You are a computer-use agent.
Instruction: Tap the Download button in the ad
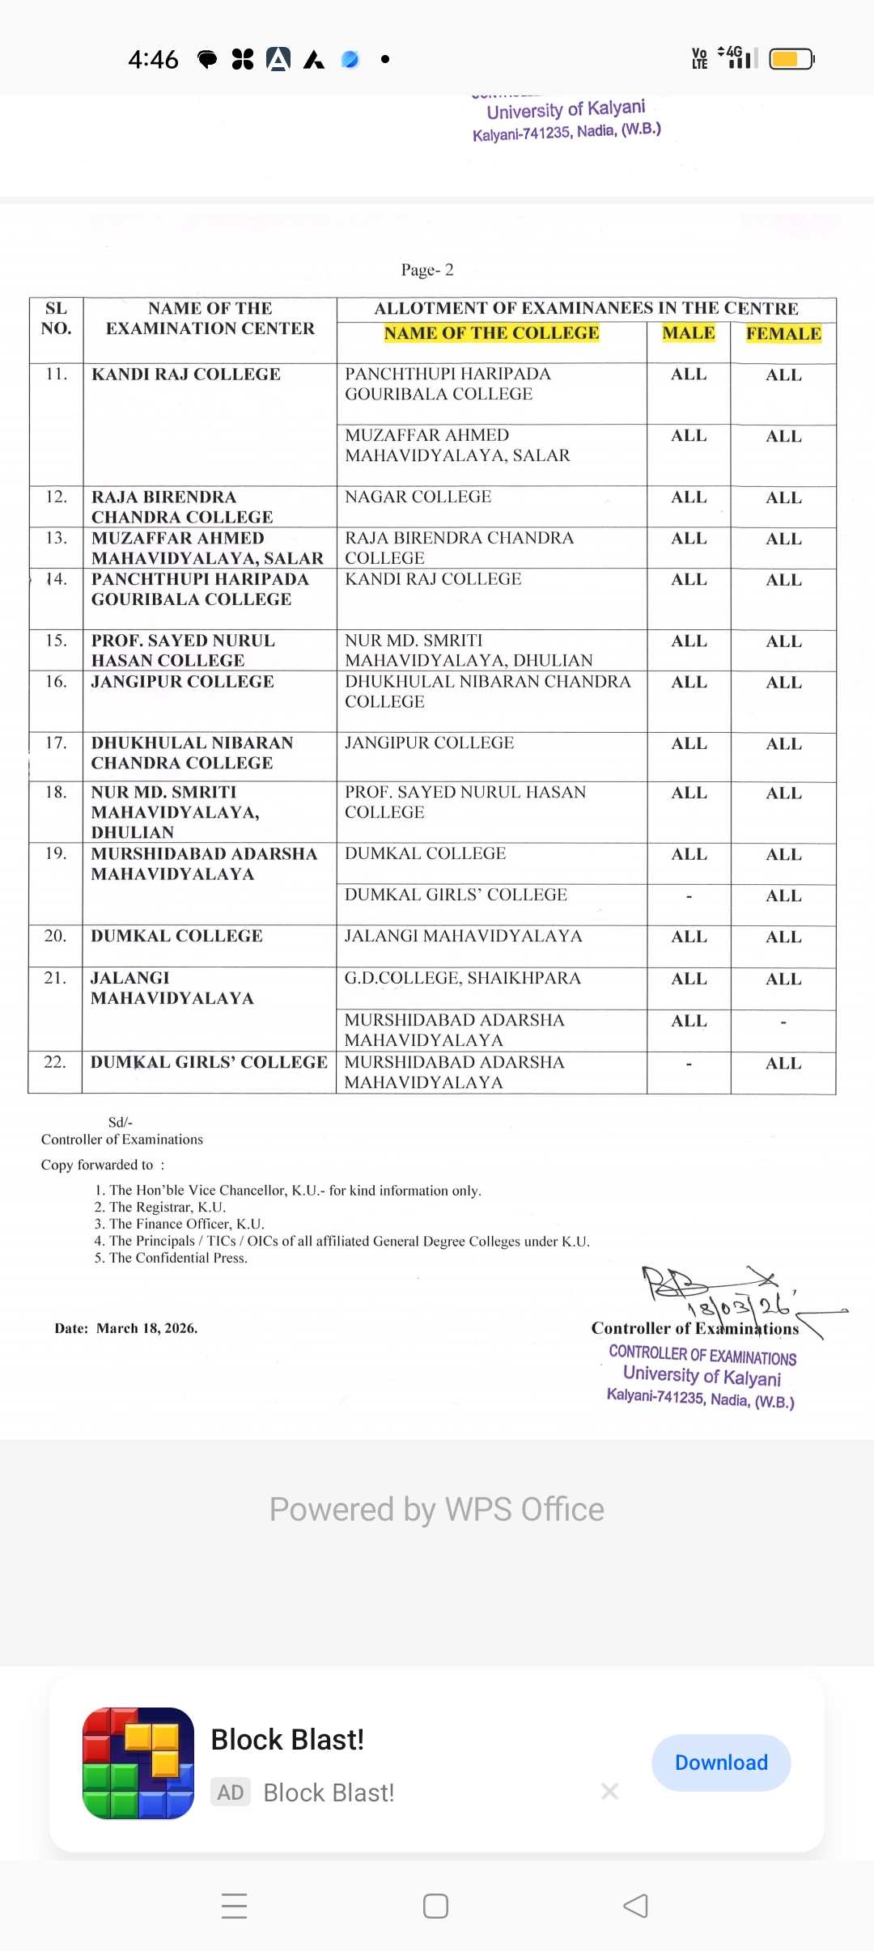pyautogui.click(x=720, y=1763)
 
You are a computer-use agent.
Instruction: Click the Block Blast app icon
pyautogui.click(x=138, y=1763)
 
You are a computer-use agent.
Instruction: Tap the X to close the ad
pyautogui.click(x=610, y=1792)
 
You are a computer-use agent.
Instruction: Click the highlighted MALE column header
pyautogui.click(x=689, y=333)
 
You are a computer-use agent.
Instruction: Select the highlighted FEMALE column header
pyautogui.click(x=783, y=334)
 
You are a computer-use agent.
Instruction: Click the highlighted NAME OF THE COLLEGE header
pyautogui.click(x=491, y=333)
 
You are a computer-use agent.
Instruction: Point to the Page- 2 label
pyautogui.click(x=427, y=270)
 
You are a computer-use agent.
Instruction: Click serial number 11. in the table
pyautogui.click(x=56, y=374)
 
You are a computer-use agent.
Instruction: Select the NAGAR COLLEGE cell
pyautogui.click(x=418, y=497)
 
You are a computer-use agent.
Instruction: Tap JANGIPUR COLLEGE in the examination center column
pyautogui.click(x=182, y=682)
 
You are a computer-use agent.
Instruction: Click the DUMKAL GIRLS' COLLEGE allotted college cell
pyautogui.click(x=456, y=895)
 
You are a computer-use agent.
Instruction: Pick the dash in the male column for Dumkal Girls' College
pyautogui.click(x=689, y=896)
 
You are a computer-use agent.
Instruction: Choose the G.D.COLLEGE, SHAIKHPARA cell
pyautogui.click(x=462, y=978)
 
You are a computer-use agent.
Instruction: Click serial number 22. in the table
pyautogui.click(x=55, y=1062)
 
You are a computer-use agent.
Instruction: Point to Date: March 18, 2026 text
pyautogui.click(x=125, y=1328)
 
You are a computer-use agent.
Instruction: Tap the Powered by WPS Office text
pyautogui.click(x=437, y=1509)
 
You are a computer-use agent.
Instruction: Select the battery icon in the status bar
pyautogui.click(x=791, y=59)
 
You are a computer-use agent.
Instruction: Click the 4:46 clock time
pyautogui.click(x=153, y=59)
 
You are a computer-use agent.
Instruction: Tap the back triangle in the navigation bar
pyautogui.click(x=636, y=1906)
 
